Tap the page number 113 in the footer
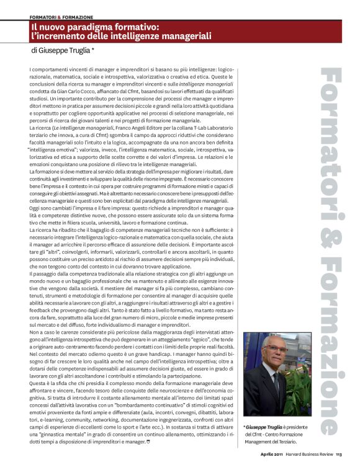tap(339, 454)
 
